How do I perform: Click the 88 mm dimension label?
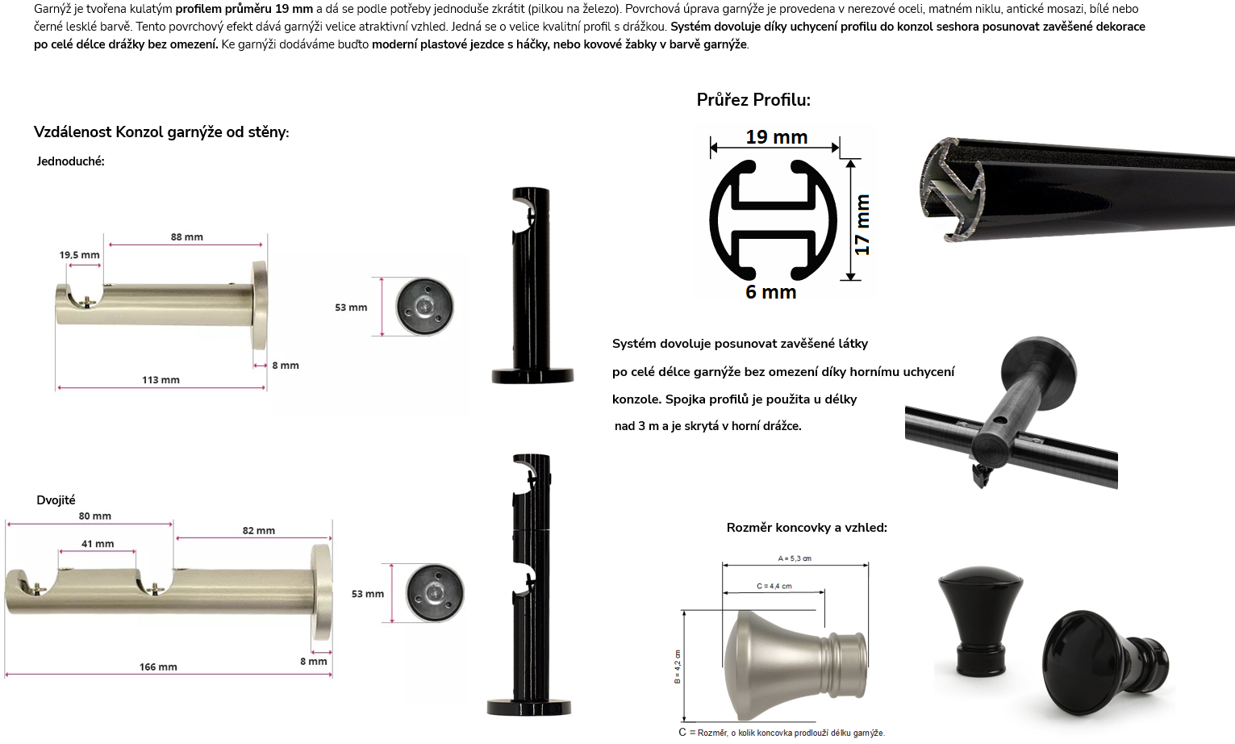tap(187, 237)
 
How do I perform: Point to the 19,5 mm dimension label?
tap(79, 255)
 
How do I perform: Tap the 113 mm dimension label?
tap(161, 379)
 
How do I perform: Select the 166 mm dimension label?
tap(158, 667)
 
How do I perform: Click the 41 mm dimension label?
tap(98, 544)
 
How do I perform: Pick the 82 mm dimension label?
tap(259, 530)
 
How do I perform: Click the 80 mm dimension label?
tap(95, 516)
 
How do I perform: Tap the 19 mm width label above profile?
tap(776, 137)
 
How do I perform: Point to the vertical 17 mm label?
tap(862, 224)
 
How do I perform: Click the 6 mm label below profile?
tap(771, 292)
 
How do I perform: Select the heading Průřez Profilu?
tap(753, 100)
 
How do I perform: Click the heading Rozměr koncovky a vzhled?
tap(807, 528)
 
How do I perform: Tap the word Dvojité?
tap(56, 500)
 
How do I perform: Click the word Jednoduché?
tap(70, 161)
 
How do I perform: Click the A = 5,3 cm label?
tap(795, 558)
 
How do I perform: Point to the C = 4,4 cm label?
tap(774, 587)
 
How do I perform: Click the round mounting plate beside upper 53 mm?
tap(424, 307)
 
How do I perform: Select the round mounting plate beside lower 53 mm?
tap(435, 593)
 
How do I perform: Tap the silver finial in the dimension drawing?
tap(795, 666)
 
